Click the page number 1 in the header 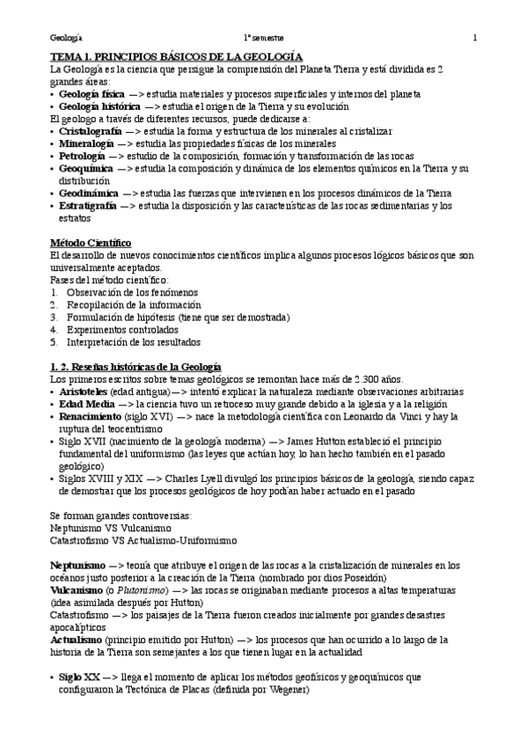pos(474,38)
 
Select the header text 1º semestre pos(264,38)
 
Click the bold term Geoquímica pos(86,167)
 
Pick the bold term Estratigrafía pos(87,205)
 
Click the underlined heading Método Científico pos(90,242)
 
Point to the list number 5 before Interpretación pos(54,341)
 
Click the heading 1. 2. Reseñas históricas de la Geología pos(135,366)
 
